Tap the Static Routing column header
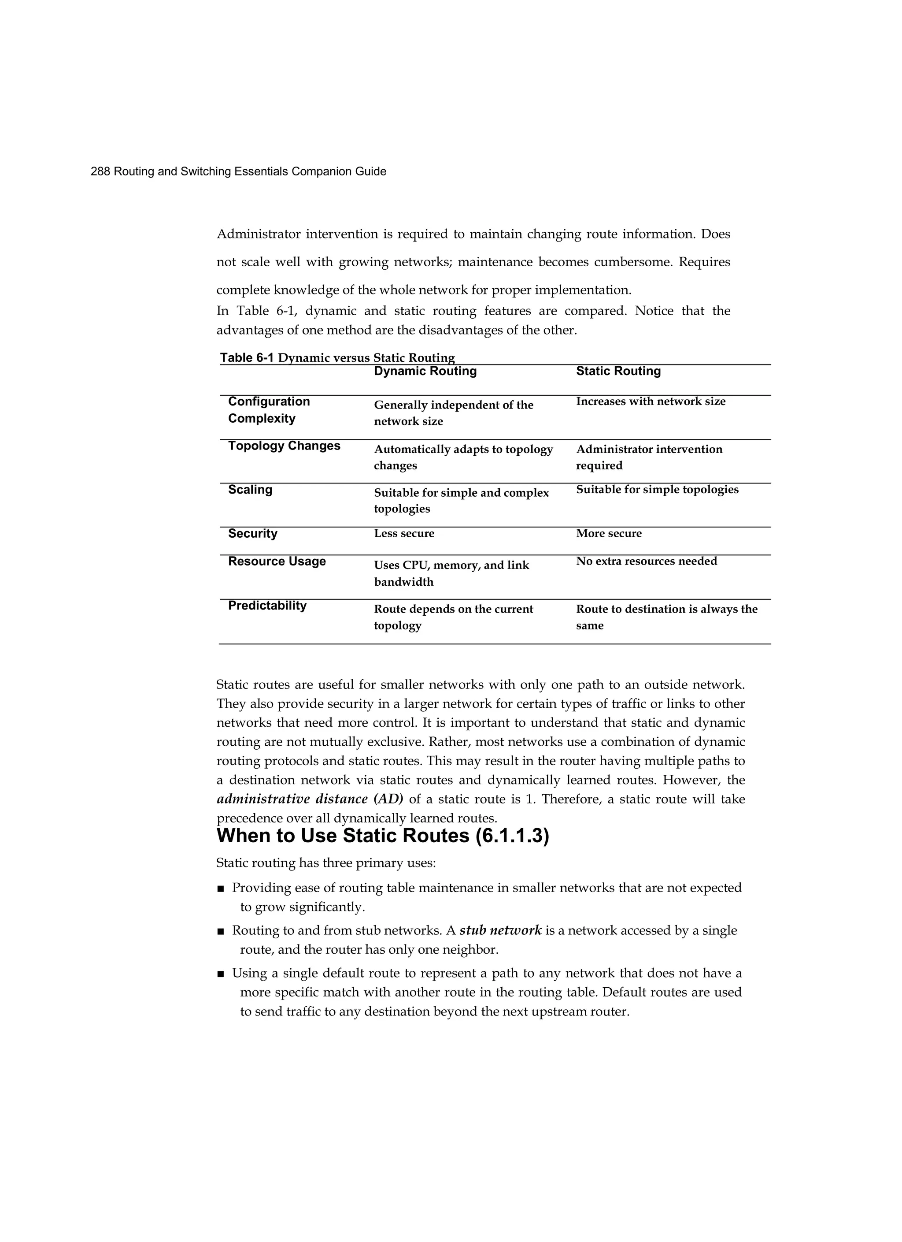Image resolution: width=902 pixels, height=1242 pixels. pyautogui.click(x=618, y=371)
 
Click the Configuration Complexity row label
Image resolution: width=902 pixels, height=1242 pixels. pyautogui.click(x=269, y=409)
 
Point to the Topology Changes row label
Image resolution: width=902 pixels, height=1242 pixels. pyautogui.click(x=284, y=446)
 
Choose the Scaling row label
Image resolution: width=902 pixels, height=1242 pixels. pyautogui.click(x=250, y=490)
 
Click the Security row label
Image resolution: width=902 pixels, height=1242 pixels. pyautogui.click(x=252, y=533)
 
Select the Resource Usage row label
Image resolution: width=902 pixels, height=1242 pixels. pyautogui.click(x=277, y=562)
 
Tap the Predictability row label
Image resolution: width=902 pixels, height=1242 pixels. pyautogui.click(x=267, y=606)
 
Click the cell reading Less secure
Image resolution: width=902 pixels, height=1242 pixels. pyautogui.click(x=404, y=533)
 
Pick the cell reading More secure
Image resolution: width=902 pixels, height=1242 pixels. pyautogui.click(x=609, y=533)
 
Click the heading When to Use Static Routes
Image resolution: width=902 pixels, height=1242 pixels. pyautogui.click(x=383, y=836)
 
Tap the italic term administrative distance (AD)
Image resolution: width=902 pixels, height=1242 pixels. pyautogui.click(x=310, y=799)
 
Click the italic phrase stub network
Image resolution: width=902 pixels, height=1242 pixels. pyautogui.click(x=500, y=930)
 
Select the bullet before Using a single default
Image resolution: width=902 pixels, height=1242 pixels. pyautogui.click(x=221, y=974)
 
